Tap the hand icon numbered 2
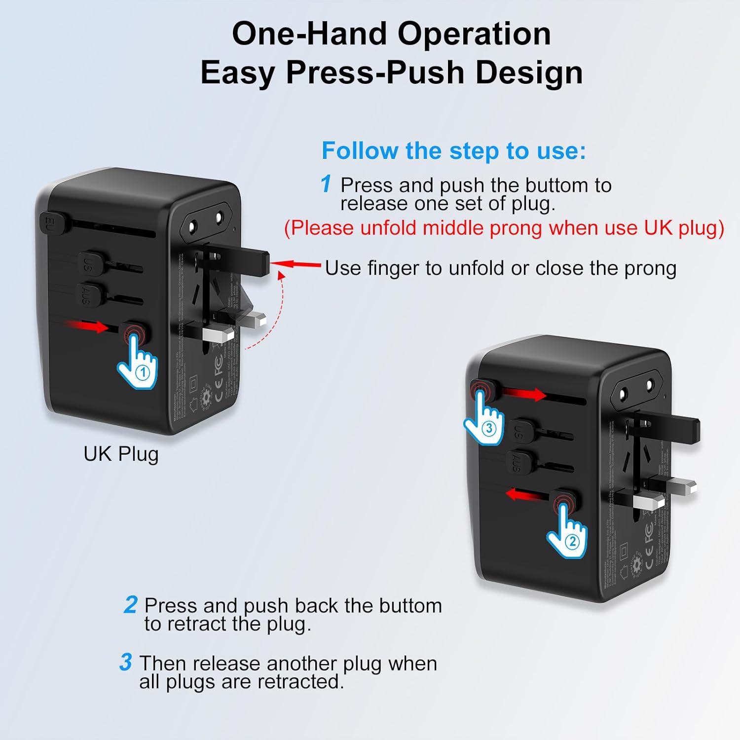[x=568, y=535]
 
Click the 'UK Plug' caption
[x=121, y=454]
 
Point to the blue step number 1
[x=326, y=184]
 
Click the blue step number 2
[x=130, y=605]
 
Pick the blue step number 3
[x=126, y=663]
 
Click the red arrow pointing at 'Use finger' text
[x=296, y=265]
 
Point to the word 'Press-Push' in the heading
[x=375, y=73]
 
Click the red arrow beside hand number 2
[x=526, y=493]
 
